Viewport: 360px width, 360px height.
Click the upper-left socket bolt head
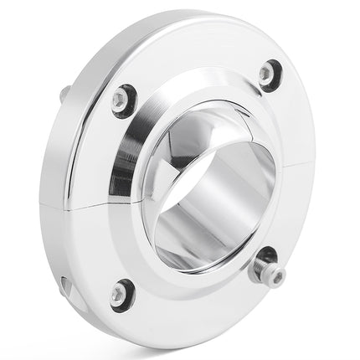click(122, 100)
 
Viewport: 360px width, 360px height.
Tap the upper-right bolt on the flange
click(268, 75)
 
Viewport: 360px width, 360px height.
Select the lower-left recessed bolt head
click(121, 292)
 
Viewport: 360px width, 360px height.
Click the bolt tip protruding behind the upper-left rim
click(64, 95)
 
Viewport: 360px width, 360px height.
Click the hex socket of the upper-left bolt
click(122, 100)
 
